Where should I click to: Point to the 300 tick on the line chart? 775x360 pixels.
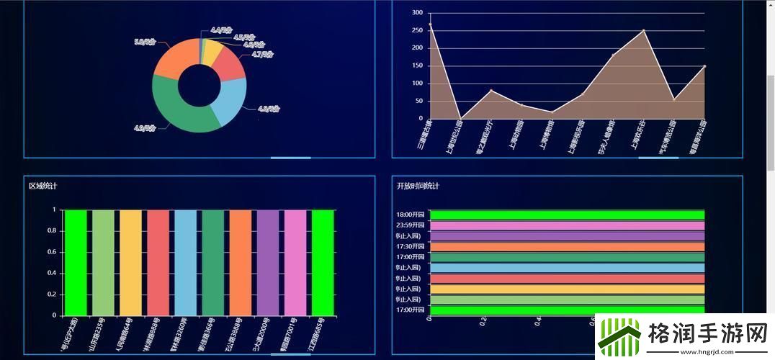[x=416, y=13]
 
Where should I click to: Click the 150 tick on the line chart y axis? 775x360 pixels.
[x=416, y=66]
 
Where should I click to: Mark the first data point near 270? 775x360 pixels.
[x=430, y=24]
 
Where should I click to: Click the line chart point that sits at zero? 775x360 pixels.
[x=460, y=118]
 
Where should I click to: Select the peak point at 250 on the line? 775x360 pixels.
[x=643, y=30]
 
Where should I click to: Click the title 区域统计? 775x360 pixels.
[x=43, y=186]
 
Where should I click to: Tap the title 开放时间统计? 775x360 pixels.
[x=418, y=186]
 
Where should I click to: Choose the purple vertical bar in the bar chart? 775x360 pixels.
[x=267, y=262]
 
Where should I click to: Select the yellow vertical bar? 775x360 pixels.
[x=130, y=262]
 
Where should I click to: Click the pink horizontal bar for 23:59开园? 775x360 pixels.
[x=567, y=225]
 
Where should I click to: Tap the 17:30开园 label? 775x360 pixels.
[x=411, y=246]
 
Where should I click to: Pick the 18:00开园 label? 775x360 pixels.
[x=411, y=215]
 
